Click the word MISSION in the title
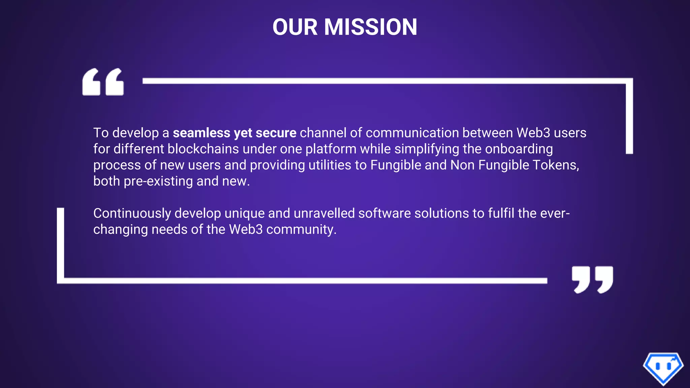[370, 27]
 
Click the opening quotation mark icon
[103, 82]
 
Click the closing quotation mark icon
[592, 280]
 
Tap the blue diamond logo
[663, 368]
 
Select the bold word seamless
[201, 133]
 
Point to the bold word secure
[276, 133]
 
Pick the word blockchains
[203, 149]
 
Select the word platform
[331, 149]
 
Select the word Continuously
[132, 213]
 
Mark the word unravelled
[324, 213]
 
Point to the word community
[301, 229]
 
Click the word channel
[323, 133]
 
